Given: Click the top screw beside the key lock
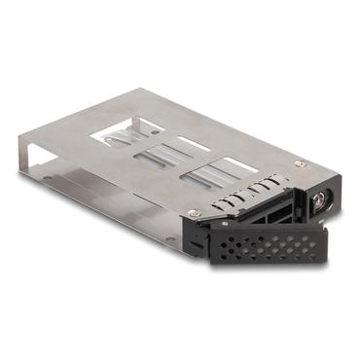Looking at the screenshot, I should [x=299, y=165].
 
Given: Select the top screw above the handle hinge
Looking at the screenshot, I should [x=194, y=212].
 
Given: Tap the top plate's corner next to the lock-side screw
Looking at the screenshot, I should [x=309, y=165].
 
